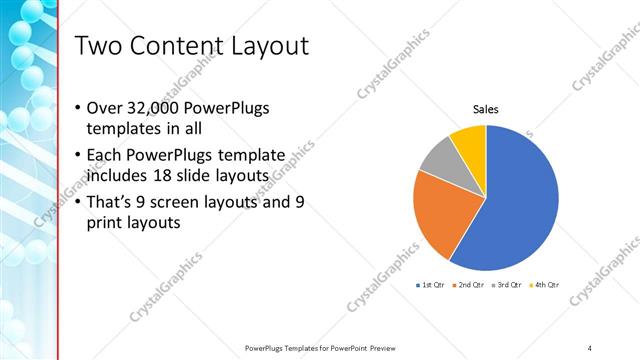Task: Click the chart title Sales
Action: (486, 109)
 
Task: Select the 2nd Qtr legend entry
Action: (469, 285)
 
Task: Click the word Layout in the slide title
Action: (269, 46)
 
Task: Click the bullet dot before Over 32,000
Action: (79, 108)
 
